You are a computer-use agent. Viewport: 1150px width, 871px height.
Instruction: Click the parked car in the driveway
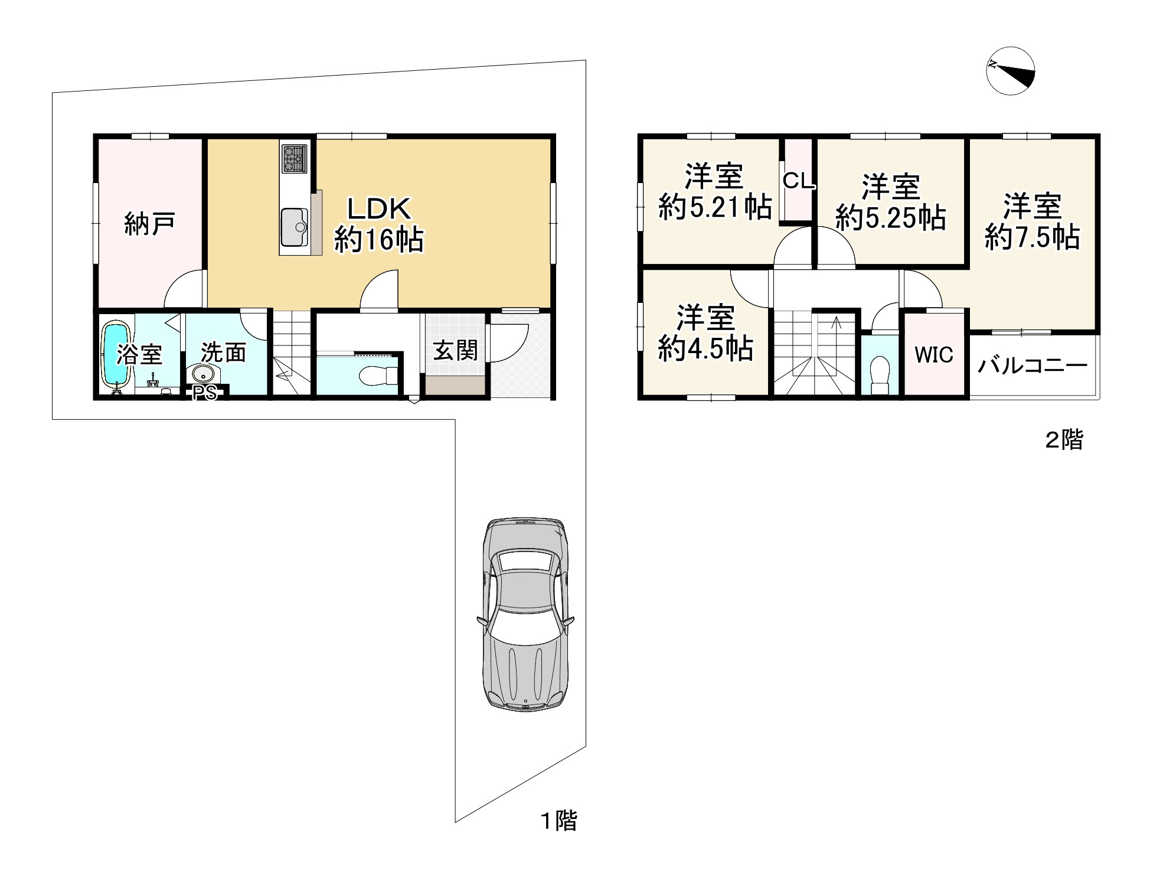tap(525, 614)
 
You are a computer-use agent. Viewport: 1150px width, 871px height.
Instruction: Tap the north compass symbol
tap(1011, 71)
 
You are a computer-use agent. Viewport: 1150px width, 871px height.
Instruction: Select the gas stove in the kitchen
tap(294, 158)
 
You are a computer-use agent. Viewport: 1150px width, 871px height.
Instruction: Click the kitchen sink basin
tap(294, 227)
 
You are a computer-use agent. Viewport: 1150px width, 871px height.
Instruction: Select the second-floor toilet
tap(880, 373)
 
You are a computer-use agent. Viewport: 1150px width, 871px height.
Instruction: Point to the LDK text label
tap(378, 208)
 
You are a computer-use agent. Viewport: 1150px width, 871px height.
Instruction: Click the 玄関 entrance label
tap(455, 351)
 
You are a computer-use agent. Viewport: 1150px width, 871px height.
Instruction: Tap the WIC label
tap(934, 354)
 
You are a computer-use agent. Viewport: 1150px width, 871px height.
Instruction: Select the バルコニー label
tap(1033, 366)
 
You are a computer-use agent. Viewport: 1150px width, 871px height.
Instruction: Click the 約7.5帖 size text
tap(1033, 237)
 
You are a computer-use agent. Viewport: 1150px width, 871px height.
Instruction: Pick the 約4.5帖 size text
tap(705, 348)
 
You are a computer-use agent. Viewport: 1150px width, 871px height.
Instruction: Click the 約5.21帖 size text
tap(715, 207)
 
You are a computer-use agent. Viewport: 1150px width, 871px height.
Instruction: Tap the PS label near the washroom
tap(205, 393)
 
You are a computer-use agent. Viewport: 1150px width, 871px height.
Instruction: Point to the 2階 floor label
tap(1064, 440)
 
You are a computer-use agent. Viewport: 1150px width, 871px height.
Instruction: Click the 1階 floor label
tap(559, 821)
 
